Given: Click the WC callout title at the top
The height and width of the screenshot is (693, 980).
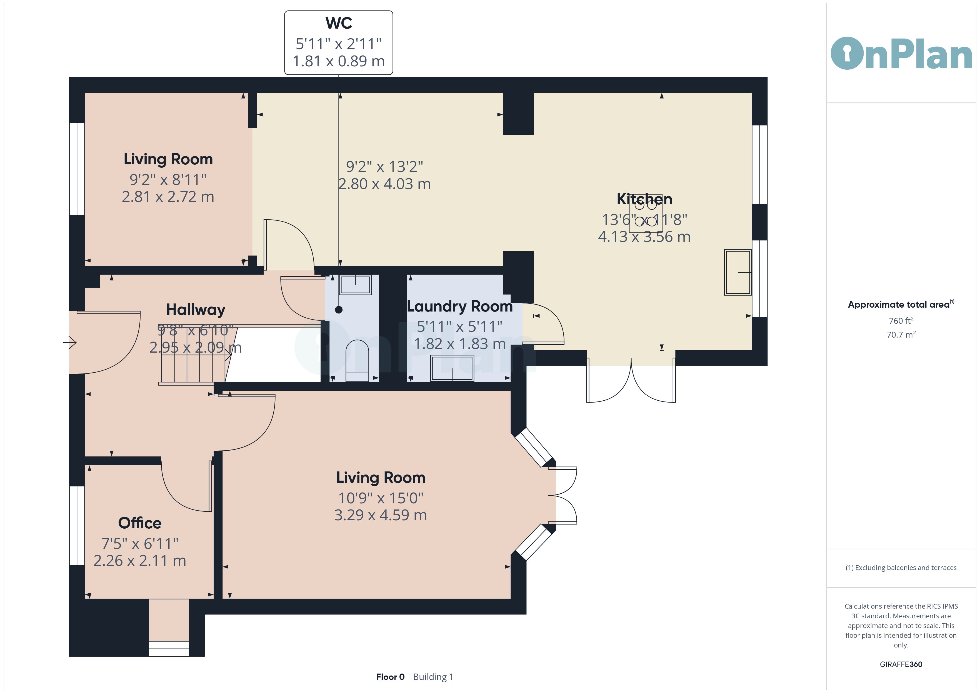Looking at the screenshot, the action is pos(339,23).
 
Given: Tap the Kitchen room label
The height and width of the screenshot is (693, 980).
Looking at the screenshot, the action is pos(644,199).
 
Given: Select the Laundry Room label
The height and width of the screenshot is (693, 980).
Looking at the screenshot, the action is pos(460,307).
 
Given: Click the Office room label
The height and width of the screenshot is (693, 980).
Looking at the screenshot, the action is pos(140,523).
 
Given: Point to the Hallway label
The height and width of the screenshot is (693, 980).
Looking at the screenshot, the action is pos(196,310).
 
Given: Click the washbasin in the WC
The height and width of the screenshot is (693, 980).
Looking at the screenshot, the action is pos(355,285).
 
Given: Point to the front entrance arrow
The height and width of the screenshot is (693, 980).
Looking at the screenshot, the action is pos(69,342).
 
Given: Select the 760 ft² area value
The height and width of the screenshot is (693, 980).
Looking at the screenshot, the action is pos(901,320).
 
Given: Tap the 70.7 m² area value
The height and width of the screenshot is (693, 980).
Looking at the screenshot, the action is pos(901,335).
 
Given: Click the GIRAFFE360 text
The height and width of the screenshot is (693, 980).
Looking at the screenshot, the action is pos(901,664).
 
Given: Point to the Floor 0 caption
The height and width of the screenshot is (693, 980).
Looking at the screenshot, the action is pos(390,677).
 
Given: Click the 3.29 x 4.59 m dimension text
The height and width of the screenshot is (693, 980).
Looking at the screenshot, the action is pos(380,515).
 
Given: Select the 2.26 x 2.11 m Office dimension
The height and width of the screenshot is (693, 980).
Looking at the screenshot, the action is pos(140,561).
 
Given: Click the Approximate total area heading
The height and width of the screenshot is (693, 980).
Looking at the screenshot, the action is pos(901,304).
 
